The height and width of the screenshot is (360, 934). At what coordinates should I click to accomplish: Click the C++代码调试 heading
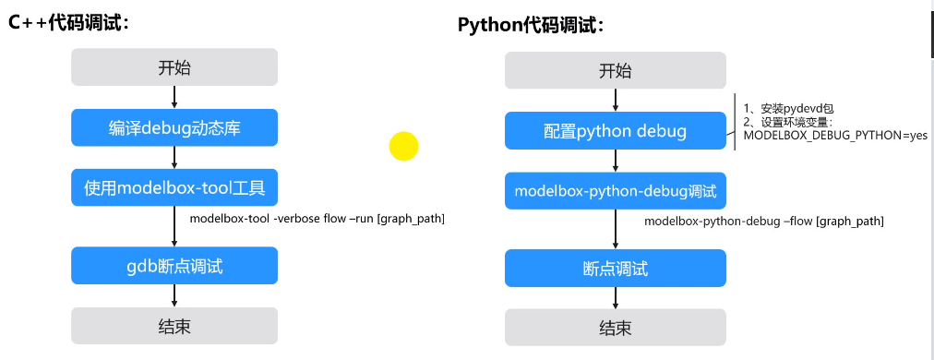[x=68, y=23]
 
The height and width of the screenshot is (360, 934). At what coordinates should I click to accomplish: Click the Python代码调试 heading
[x=531, y=25]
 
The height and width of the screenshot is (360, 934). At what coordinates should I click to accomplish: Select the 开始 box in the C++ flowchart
[x=174, y=67]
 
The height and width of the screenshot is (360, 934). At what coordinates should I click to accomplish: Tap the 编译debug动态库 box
[x=174, y=127]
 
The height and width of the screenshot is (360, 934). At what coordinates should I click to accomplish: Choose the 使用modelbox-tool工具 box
[x=174, y=187]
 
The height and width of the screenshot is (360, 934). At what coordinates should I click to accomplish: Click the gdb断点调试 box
[x=174, y=266]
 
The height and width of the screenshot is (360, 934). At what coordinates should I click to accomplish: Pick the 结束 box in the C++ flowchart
[x=174, y=326]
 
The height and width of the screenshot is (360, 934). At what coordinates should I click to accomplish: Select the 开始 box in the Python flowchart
[x=616, y=70]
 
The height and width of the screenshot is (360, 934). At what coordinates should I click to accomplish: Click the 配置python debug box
[x=616, y=131]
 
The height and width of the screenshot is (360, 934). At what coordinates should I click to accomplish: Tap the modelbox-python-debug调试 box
[x=616, y=191]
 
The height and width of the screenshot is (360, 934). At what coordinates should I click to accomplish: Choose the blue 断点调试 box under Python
[x=616, y=269]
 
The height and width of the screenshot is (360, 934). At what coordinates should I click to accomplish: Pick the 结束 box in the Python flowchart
[x=616, y=328]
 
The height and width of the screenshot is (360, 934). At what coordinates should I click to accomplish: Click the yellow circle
[x=404, y=146]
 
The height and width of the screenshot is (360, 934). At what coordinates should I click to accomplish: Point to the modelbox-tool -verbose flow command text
[x=317, y=219]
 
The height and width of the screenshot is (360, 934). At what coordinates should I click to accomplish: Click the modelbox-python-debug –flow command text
[x=763, y=222]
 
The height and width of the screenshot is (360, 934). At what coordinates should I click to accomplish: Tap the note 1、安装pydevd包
[x=789, y=109]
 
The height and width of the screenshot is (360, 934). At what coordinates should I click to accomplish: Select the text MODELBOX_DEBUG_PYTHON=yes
[x=836, y=136]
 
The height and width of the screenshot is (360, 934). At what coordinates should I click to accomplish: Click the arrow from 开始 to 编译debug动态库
[x=174, y=98]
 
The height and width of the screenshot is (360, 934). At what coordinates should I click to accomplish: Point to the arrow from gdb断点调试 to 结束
[x=174, y=296]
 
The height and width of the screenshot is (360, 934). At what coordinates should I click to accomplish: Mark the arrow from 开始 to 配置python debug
[x=616, y=101]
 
